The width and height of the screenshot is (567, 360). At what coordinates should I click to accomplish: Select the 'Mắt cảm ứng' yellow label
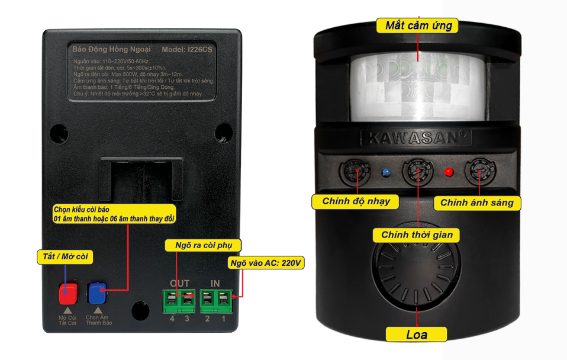coord(418,25)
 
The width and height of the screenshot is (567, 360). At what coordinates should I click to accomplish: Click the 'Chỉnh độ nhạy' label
coord(356,201)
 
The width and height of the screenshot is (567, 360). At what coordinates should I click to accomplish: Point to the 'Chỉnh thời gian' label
coord(417,234)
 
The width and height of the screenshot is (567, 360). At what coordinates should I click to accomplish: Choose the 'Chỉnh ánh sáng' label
coord(480,202)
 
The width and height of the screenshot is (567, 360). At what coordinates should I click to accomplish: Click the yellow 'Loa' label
coord(417,335)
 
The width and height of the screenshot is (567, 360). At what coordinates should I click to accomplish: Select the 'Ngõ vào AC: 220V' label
coord(266,262)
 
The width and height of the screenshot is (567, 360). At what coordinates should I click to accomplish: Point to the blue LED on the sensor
coord(386,173)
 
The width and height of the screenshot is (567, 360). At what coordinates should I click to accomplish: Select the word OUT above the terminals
coord(179,284)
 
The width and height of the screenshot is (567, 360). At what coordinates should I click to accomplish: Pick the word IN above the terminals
coord(215,284)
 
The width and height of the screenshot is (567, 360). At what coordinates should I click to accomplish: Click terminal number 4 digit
coord(172,320)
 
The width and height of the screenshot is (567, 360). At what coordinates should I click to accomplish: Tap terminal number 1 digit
coord(223,320)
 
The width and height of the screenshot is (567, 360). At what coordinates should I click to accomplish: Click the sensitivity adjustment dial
coord(355,172)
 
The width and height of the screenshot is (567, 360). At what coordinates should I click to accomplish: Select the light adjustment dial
coord(479,173)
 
